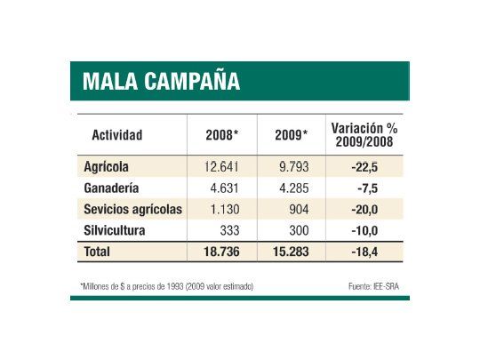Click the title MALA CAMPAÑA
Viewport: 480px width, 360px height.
tap(160, 83)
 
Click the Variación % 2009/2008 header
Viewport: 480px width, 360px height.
tap(364, 135)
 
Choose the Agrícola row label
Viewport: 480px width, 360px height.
tap(107, 166)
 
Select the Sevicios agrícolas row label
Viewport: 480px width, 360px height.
tap(132, 209)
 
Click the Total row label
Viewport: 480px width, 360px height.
tap(97, 252)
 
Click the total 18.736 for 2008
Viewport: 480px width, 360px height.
tap(226, 252)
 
